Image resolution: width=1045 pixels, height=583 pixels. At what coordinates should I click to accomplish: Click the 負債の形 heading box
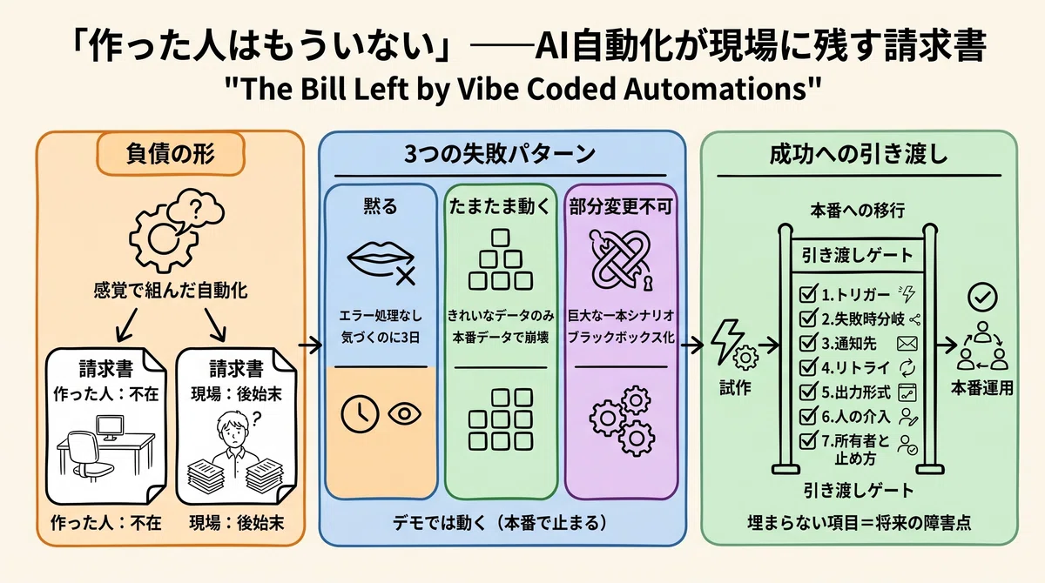tap(171, 154)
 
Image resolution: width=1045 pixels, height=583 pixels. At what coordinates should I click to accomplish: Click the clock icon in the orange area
tap(360, 413)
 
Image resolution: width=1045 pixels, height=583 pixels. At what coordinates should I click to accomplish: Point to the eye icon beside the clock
tap(404, 414)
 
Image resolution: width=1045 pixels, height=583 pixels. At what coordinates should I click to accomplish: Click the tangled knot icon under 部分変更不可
tap(622, 259)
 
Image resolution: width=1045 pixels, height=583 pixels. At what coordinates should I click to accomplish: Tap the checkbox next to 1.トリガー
tap(807, 294)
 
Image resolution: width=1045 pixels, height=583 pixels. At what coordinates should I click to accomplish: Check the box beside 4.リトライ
tap(807, 367)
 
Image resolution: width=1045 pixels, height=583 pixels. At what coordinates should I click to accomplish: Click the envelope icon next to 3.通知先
tap(907, 344)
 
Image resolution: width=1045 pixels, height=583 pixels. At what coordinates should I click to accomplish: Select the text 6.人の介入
tap(855, 417)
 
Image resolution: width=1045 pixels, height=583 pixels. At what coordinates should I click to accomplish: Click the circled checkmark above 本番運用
tap(982, 297)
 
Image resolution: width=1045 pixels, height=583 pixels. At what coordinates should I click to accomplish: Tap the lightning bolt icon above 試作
tap(727, 341)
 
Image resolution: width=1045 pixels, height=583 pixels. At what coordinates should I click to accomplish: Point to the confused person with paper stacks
tap(236, 451)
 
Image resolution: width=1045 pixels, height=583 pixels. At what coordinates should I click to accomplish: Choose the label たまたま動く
tap(500, 206)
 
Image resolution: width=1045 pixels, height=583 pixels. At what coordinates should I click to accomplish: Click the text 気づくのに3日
tap(381, 338)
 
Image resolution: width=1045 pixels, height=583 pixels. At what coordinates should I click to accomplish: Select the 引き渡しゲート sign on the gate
tap(858, 255)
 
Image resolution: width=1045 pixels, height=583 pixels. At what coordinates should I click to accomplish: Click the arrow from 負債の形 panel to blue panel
tap(311, 345)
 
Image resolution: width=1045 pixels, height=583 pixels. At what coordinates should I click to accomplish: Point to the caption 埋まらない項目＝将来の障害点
tap(860, 523)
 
